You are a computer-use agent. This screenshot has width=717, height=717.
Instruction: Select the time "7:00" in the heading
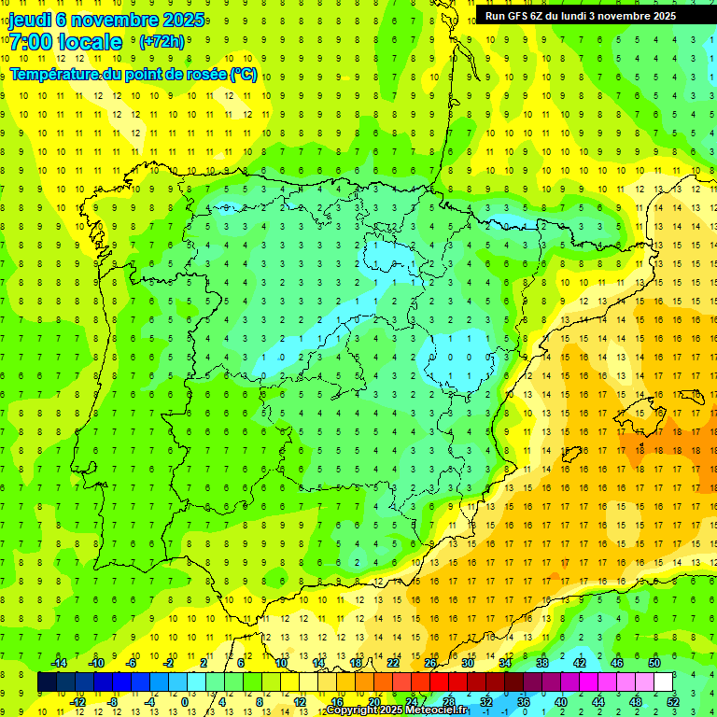pyautogui.click(x=30, y=41)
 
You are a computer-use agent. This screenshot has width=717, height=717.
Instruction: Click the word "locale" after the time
pyautogui.click(x=92, y=41)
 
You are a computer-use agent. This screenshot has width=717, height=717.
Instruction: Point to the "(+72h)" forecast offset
pyautogui.click(x=162, y=42)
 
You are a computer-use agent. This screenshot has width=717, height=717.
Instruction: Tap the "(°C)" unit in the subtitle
pyautogui.click(x=244, y=74)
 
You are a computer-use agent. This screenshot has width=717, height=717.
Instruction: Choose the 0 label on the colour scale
pyautogui.click(x=186, y=702)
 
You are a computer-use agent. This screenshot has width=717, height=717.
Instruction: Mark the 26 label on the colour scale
pyautogui.click(x=430, y=663)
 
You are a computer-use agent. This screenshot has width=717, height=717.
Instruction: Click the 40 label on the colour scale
pyautogui.click(x=561, y=702)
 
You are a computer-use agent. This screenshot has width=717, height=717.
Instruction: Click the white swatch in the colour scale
pyautogui.click(x=664, y=682)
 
